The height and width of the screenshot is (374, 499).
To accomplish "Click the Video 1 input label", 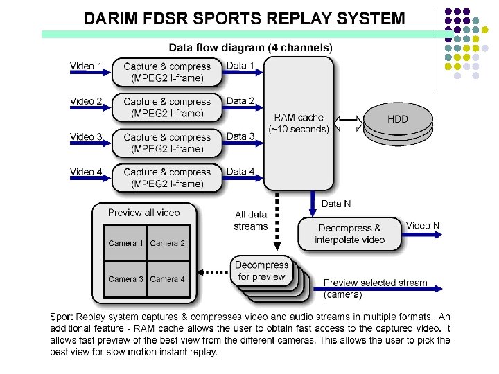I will click(x=86, y=66).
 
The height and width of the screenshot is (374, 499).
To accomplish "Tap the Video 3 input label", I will click(x=86, y=136).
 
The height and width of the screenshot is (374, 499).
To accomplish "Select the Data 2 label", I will click(x=240, y=100).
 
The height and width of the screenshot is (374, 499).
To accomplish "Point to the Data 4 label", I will click(x=240, y=171).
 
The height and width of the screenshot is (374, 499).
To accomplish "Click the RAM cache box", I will click(x=299, y=123).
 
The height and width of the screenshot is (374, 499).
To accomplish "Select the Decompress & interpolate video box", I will click(x=349, y=233).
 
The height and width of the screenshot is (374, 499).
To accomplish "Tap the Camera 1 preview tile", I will click(x=125, y=243).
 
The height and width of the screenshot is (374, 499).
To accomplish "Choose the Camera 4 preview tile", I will click(x=168, y=279).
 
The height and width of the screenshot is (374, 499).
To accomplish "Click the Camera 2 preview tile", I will click(x=168, y=243).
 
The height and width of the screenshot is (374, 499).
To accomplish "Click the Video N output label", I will click(x=423, y=226).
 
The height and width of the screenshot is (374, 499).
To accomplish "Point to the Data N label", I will click(x=336, y=204).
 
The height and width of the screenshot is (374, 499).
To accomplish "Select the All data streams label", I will click(x=250, y=221).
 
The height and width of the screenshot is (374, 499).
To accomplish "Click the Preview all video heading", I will click(x=143, y=213).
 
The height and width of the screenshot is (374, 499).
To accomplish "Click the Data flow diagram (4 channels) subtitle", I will click(x=250, y=48).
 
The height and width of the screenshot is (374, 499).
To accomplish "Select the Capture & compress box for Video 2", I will click(x=167, y=107).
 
